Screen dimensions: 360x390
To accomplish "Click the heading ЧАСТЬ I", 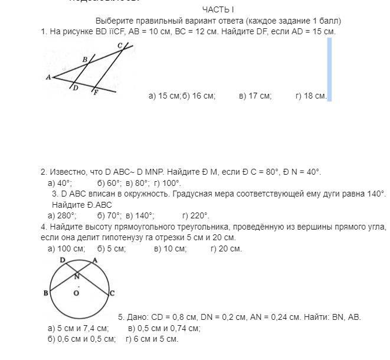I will pyautogui.click(x=218, y=9).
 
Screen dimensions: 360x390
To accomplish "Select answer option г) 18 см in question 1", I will pyautogui.click(x=310, y=96).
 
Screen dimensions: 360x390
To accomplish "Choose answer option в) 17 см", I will pyautogui.click(x=255, y=96).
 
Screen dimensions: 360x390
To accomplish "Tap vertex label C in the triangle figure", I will pyautogui.click(x=120, y=45).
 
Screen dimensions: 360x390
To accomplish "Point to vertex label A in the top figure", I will pyautogui.click(x=48, y=77).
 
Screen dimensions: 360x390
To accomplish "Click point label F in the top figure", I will pyautogui.click(x=96, y=93).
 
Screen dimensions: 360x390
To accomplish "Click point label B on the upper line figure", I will pyautogui.click(x=84, y=60).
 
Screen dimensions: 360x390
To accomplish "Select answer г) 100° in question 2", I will pyautogui.click(x=167, y=183).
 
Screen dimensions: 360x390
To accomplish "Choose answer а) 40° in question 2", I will pyautogui.click(x=60, y=183).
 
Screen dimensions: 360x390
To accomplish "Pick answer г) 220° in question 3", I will pyautogui.click(x=196, y=215).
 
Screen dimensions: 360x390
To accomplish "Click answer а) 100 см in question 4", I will pyautogui.click(x=66, y=248).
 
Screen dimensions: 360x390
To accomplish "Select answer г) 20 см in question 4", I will pyautogui.click(x=226, y=248).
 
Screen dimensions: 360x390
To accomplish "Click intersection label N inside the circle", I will pyautogui.click(x=77, y=276).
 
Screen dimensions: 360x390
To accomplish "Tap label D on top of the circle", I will pyautogui.click(x=63, y=260).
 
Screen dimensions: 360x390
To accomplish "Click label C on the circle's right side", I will pyautogui.click(x=112, y=293).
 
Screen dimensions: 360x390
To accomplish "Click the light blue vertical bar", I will pyautogui.click(x=329, y=70).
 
